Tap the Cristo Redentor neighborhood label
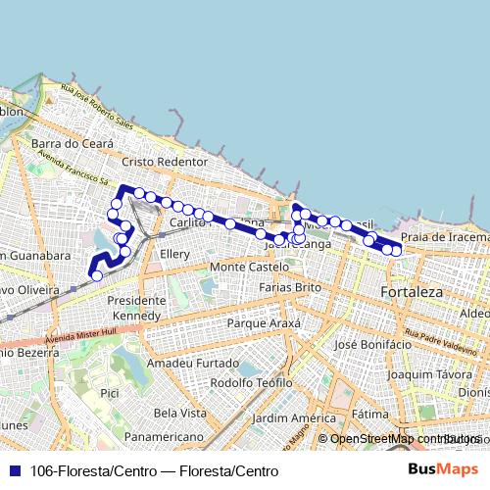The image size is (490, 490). tap(165, 162)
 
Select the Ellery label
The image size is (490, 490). tap(174, 254)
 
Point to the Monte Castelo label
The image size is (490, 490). tap(249, 267)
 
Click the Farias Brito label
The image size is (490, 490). tap(289, 287)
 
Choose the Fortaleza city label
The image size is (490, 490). tap(412, 292)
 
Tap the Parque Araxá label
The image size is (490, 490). tap(261, 322)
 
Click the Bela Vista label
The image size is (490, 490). tap(178, 413)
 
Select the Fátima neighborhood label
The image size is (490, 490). tap(369, 414)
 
